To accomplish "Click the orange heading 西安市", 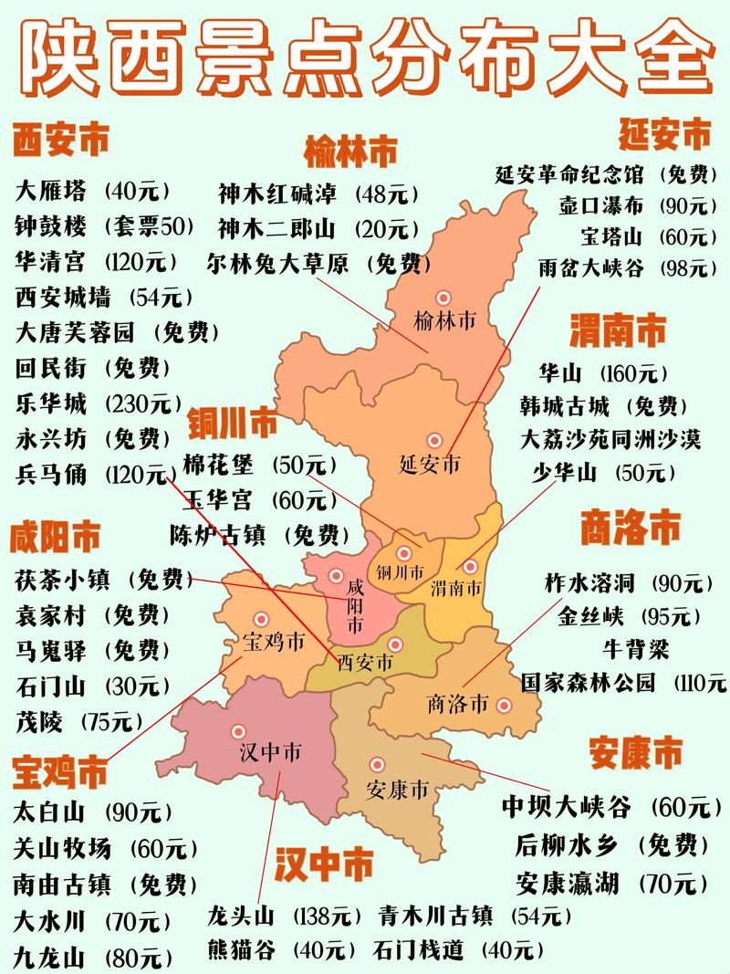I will (x=60, y=141).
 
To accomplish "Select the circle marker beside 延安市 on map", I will (x=433, y=439).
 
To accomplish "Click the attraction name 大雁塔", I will (x=51, y=191).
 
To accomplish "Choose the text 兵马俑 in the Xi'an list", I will (x=51, y=474).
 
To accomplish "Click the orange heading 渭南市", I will (x=618, y=330).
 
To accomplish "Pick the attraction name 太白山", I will (x=51, y=811).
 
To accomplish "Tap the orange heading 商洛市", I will (x=631, y=528).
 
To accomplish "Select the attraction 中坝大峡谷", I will (x=566, y=807).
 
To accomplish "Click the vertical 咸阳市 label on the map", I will (x=355, y=607).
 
